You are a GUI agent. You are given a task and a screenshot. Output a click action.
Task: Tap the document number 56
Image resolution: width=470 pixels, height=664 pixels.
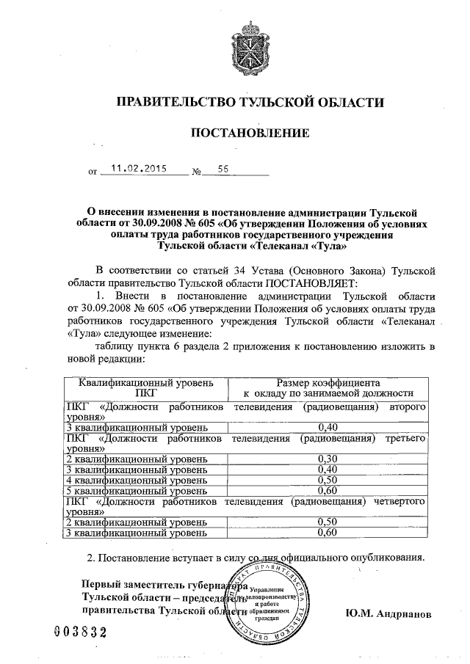(223, 168)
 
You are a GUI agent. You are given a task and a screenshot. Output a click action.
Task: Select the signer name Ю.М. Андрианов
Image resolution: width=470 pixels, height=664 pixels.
(387, 612)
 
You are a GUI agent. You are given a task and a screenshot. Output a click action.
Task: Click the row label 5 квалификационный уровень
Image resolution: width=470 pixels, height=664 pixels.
(117, 489)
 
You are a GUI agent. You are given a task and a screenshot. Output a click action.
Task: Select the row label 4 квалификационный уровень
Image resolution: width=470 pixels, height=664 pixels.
(117, 479)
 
